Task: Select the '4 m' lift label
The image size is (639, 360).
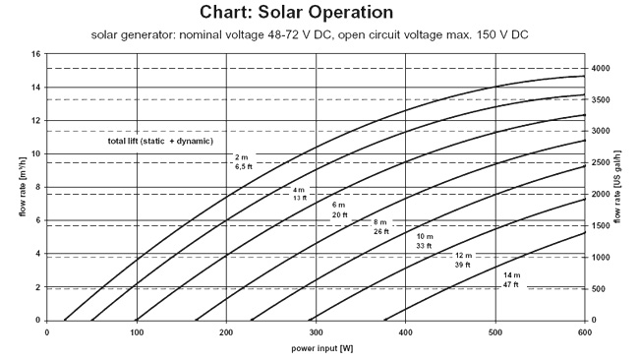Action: point(299,189)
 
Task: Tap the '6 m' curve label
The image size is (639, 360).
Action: point(339,205)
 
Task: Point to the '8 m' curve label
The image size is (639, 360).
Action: point(380,222)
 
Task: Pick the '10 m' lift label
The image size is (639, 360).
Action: point(425,237)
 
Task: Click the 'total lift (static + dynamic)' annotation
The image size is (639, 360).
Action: point(158,142)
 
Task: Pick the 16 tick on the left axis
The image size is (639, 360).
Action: point(35,54)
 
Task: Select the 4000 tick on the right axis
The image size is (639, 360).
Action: point(601,69)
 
